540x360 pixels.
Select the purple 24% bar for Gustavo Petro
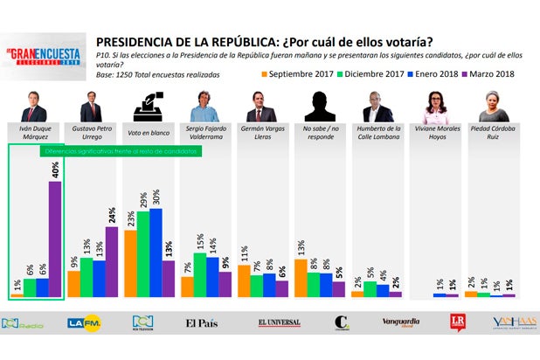112,262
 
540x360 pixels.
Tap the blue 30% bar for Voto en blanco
156,253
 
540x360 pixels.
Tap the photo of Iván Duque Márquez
33,108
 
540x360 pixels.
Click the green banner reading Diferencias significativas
121,150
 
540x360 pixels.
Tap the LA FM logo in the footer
85,323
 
